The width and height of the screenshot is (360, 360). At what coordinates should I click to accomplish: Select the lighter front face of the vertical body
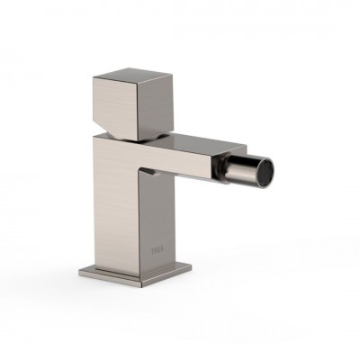[117, 207]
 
